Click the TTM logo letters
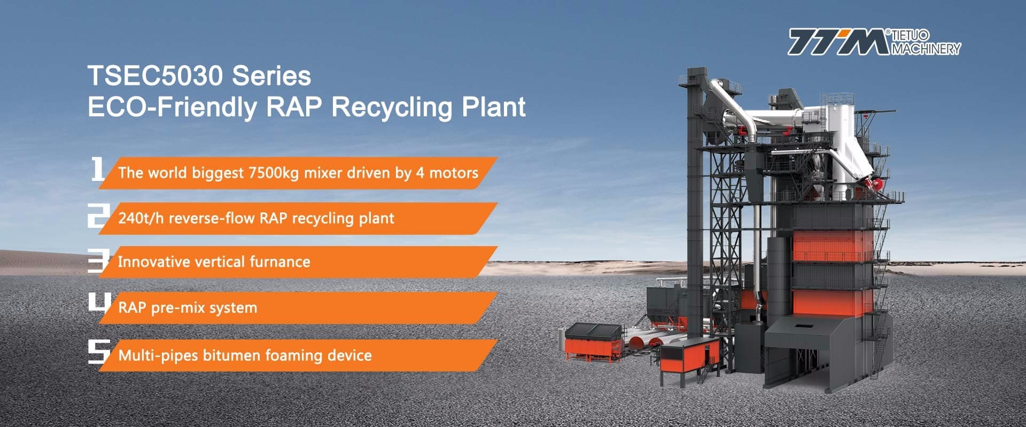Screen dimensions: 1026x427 point(839,42)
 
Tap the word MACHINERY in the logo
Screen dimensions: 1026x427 point(926,49)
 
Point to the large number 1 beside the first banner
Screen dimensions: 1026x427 point(97,169)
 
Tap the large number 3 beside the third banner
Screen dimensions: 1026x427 point(98,260)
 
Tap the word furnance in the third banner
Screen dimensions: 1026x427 point(280,262)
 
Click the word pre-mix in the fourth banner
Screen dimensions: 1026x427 point(172,308)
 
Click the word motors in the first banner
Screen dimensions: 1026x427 point(454,173)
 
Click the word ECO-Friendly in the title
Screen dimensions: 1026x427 point(172,107)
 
